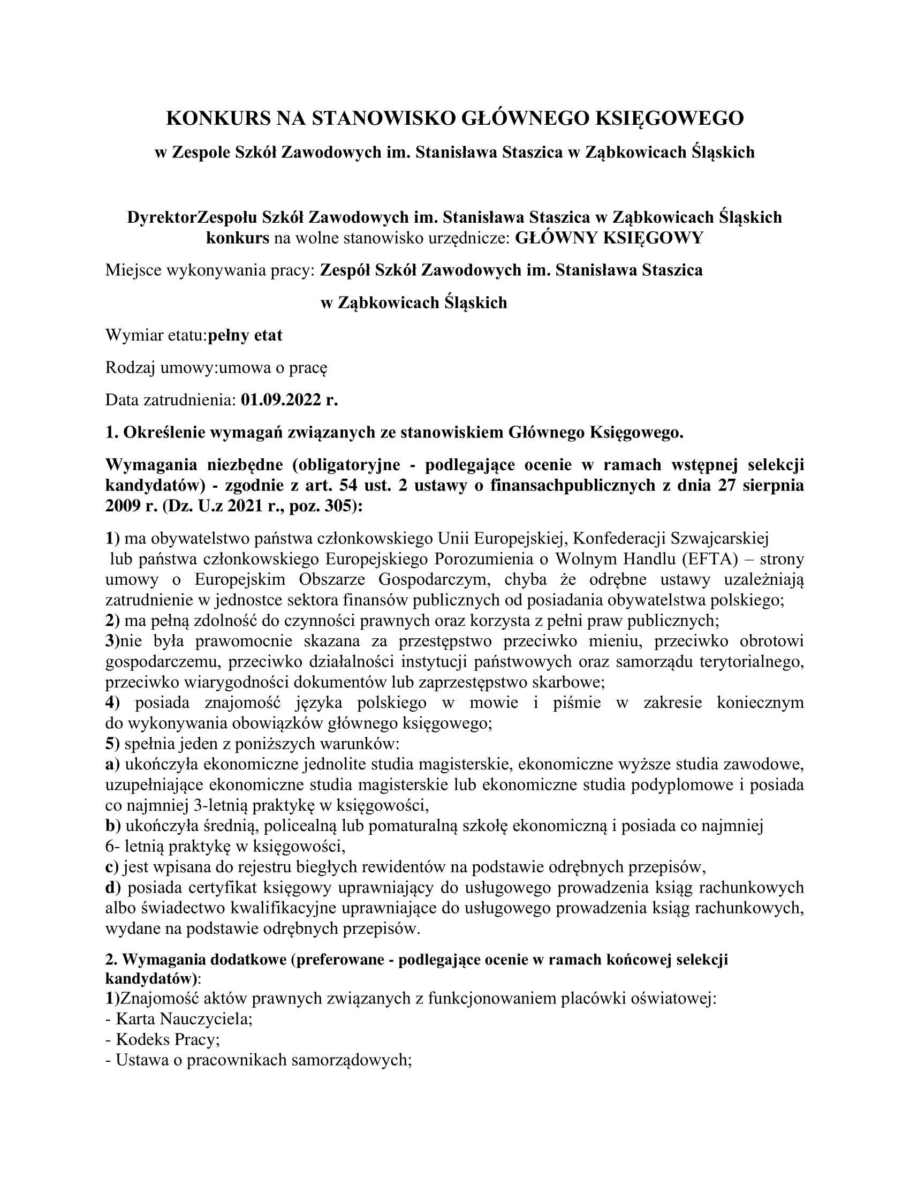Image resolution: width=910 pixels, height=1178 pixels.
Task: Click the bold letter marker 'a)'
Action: [x=112, y=764]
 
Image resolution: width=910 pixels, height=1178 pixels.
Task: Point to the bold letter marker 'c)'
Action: [x=112, y=867]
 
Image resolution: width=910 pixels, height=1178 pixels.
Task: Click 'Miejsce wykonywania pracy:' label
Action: [x=210, y=270]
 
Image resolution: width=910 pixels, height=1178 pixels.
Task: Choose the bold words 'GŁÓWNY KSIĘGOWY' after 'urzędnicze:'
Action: [x=609, y=238]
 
